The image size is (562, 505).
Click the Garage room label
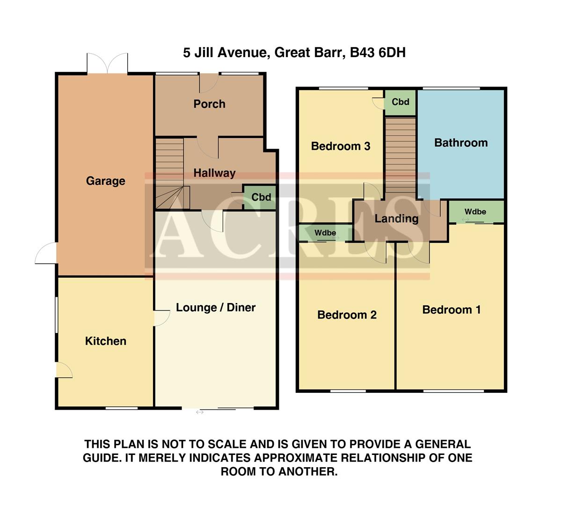click(x=105, y=181)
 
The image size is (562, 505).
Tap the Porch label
click(x=209, y=104)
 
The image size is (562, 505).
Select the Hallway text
click(x=214, y=173)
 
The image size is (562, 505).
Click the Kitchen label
click(x=105, y=341)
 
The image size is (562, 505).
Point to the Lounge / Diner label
click(x=216, y=308)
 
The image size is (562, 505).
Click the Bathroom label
click(x=460, y=143)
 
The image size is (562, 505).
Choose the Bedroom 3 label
click(x=340, y=146)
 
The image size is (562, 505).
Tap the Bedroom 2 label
click(x=347, y=315)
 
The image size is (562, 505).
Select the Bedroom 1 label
click(x=451, y=310)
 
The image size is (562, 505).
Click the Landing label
click(x=396, y=219)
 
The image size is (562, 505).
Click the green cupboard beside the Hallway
click(x=261, y=197)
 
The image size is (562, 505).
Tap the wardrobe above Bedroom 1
click(x=475, y=212)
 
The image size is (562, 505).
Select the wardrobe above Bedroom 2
click(x=325, y=233)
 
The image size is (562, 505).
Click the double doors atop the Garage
click(x=107, y=64)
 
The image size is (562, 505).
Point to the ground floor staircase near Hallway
click(x=169, y=173)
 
